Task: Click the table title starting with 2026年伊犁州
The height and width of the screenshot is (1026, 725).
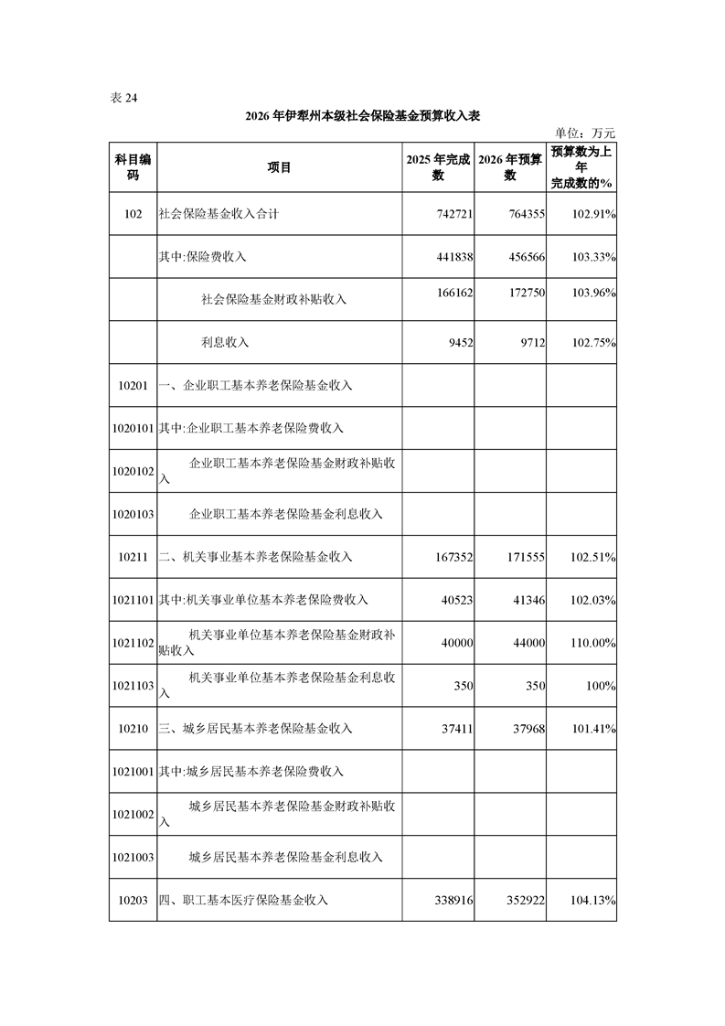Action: [x=363, y=116]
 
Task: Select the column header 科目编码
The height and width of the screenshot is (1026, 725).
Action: [x=133, y=167]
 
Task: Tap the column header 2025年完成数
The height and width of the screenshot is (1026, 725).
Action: [x=438, y=167]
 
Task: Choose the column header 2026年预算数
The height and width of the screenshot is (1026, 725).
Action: [x=510, y=167]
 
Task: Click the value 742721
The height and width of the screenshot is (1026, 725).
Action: [x=452, y=214]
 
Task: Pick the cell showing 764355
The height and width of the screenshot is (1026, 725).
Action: [x=525, y=214]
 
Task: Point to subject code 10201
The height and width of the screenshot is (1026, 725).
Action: [x=133, y=385]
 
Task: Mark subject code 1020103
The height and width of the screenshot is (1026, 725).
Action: [x=133, y=514]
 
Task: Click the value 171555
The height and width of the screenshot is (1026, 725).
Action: [x=525, y=556]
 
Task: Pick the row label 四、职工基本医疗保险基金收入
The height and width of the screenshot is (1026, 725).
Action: [x=243, y=900]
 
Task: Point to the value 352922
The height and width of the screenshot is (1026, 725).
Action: [x=525, y=900]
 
